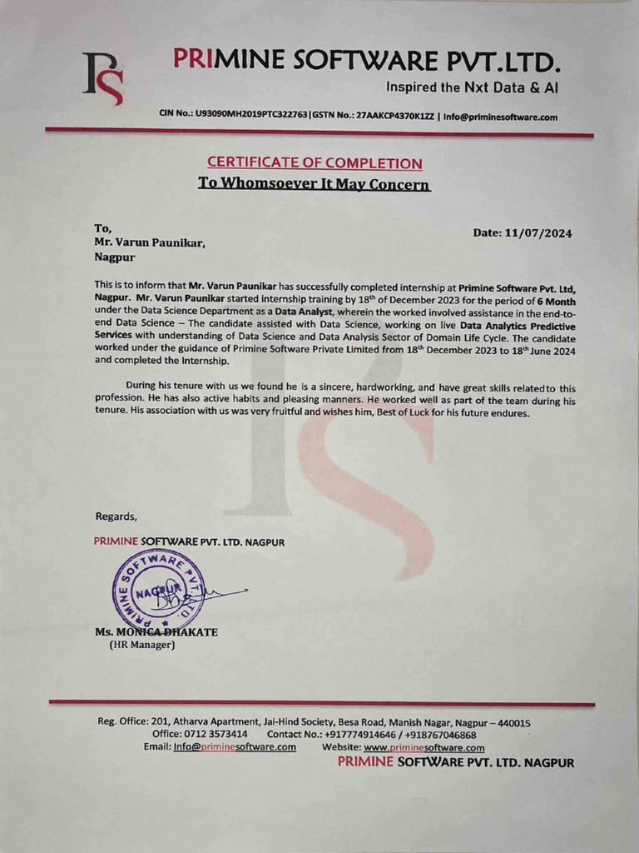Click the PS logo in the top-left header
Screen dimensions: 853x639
[103, 78]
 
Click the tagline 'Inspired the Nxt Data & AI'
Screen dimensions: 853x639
[472, 87]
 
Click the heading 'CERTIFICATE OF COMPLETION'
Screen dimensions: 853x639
[315, 163]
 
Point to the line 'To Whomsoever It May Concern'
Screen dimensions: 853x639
[315, 183]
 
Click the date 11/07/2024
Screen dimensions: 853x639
[538, 233]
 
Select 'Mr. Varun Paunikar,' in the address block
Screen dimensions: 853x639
[149, 242]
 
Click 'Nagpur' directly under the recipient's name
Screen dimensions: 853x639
[115, 257]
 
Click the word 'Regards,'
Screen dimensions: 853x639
[116, 516]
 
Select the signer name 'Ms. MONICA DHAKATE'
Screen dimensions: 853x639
[156, 632]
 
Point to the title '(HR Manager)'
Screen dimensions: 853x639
[142, 645]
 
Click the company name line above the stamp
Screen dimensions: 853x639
[189, 541]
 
